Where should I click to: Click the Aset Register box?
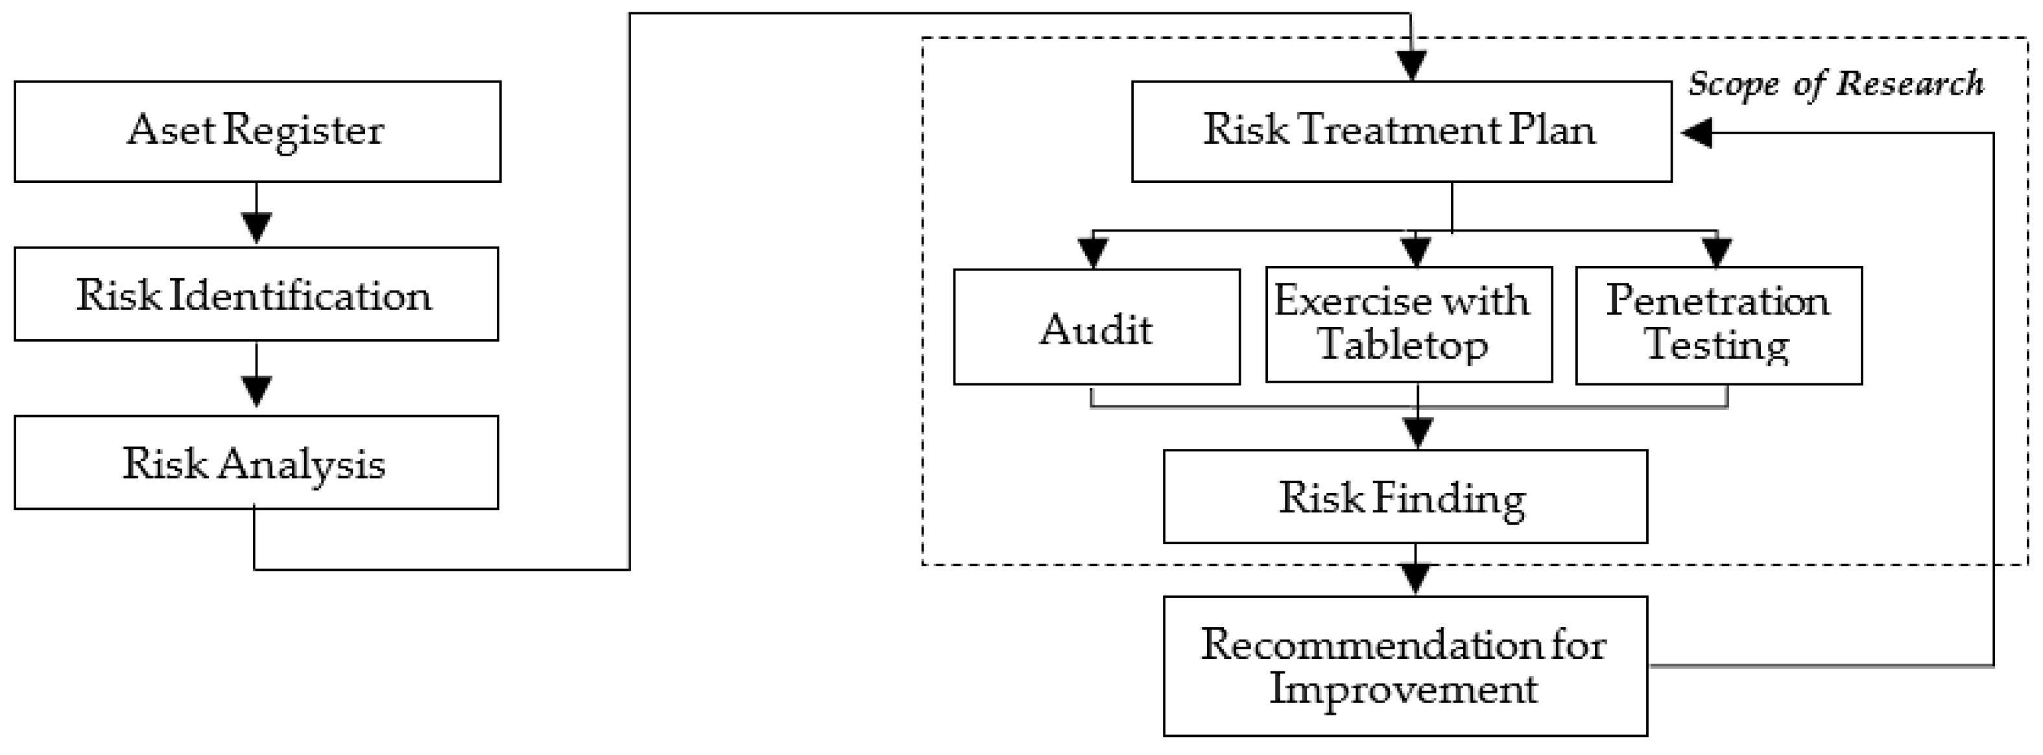(257, 131)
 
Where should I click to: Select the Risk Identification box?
(256, 294)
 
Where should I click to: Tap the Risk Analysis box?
(256, 462)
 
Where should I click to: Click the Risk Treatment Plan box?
(1402, 131)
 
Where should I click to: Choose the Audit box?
(1096, 327)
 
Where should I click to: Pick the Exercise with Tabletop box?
(1409, 324)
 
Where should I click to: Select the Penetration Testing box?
(1719, 325)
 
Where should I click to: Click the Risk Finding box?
(1405, 496)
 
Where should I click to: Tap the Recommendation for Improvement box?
(1405, 665)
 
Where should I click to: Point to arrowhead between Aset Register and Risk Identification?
(256, 227)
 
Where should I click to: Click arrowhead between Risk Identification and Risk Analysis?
(256, 391)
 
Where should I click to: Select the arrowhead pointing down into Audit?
(1093, 252)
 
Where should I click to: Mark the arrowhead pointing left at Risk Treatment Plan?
(1695, 132)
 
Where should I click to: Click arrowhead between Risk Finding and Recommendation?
(1416, 578)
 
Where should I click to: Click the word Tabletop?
(1402, 345)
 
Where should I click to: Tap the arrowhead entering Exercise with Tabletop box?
(1416, 250)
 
